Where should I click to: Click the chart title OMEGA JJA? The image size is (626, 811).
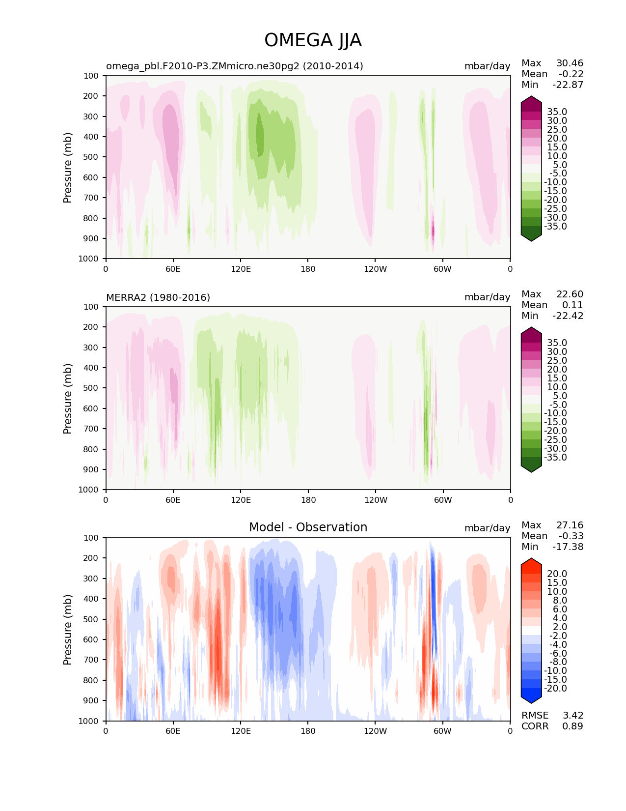[x=313, y=40]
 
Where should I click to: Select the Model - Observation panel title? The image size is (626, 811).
[x=308, y=527]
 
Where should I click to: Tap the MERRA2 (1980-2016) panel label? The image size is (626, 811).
[x=158, y=297]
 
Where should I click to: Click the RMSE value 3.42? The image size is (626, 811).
[x=572, y=715]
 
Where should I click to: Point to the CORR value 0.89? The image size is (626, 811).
[x=572, y=726]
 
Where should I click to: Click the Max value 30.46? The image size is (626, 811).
[x=570, y=63]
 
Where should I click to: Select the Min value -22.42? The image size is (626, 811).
[x=568, y=316]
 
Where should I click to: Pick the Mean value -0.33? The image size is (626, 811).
[x=571, y=536]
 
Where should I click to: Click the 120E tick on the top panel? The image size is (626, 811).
[x=241, y=269]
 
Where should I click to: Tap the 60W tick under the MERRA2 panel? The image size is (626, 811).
[x=442, y=500]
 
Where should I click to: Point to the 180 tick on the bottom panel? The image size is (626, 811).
[x=308, y=731]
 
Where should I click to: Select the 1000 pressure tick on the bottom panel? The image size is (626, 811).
[x=88, y=721]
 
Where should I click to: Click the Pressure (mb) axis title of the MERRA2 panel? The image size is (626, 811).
[x=68, y=398]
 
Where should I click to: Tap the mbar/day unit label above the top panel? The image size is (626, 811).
[x=487, y=66]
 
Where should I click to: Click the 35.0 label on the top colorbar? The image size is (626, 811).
[x=557, y=112]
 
